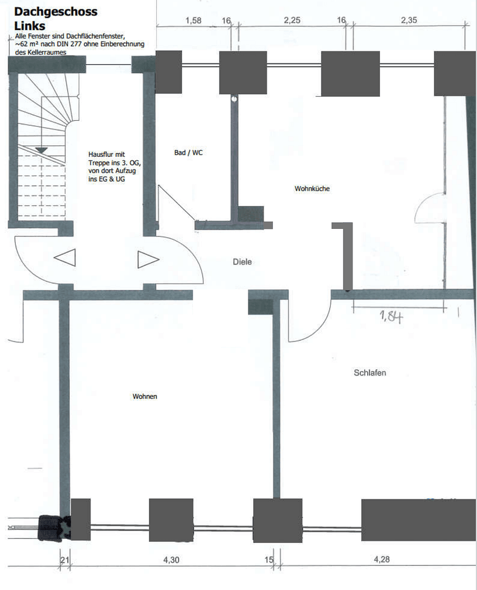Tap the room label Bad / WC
(x=188, y=153)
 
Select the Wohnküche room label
(x=312, y=188)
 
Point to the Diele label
(x=242, y=262)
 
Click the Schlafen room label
(x=370, y=373)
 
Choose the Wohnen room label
(x=145, y=396)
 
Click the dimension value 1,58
(x=194, y=21)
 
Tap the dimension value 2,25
(x=292, y=21)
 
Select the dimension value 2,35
(x=409, y=21)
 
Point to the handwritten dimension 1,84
(x=391, y=316)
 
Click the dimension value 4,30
(x=171, y=559)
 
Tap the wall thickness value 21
(x=64, y=559)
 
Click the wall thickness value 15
(x=269, y=559)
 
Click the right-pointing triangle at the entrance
(x=147, y=259)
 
